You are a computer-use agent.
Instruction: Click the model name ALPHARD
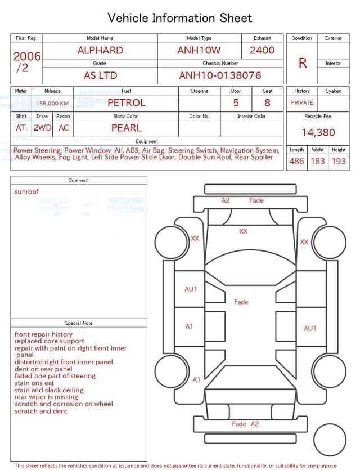pyautogui.click(x=100, y=50)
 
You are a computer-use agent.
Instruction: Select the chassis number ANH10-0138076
pyautogui.click(x=220, y=75)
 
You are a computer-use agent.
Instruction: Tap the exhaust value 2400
pyautogui.click(x=262, y=50)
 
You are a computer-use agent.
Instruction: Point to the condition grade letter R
pyautogui.click(x=302, y=63)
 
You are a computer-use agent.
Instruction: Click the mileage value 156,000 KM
pyautogui.click(x=52, y=104)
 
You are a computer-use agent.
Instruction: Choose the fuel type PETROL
pyautogui.click(x=126, y=103)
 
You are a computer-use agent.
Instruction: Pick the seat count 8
pyautogui.click(x=267, y=103)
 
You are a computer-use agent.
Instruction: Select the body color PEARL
pyautogui.click(x=126, y=128)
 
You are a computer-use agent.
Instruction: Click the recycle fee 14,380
pyautogui.click(x=318, y=133)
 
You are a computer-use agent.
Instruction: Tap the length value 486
pyautogui.click(x=296, y=162)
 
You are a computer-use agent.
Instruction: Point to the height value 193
pyautogui.click(x=339, y=162)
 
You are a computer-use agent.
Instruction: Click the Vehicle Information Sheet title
pyautogui.click(x=180, y=18)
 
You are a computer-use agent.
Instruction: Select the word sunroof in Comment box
pyautogui.click(x=26, y=192)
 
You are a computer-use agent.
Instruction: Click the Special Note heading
pyautogui.click(x=79, y=323)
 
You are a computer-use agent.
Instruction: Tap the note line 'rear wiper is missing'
pyautogui.click(x=46, y=397)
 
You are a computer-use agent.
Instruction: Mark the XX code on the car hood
pyautogui.click(x=243, y=231)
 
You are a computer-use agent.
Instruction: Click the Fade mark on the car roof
pyautogui.click(x=241, y=302)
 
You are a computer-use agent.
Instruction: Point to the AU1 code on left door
pyautogui.click(x=191, y=289)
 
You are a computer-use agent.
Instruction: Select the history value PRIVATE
pyautogui.click(x=302, y=103)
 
